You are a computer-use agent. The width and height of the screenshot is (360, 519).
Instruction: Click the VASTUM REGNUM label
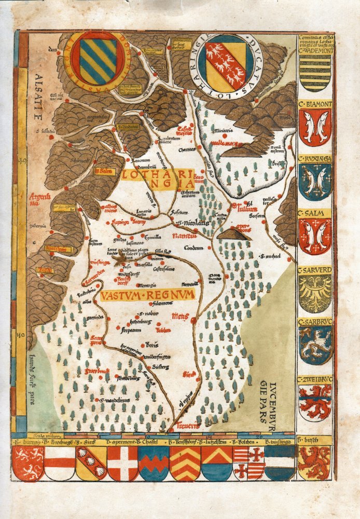(148, 295)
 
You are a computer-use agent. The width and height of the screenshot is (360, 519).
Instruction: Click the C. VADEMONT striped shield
(315, 73)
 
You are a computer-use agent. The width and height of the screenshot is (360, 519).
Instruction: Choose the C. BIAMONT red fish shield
(315, 128)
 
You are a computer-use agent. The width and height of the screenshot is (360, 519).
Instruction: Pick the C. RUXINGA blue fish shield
(315, 182)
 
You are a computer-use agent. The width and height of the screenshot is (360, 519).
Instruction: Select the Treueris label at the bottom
(188, 426)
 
